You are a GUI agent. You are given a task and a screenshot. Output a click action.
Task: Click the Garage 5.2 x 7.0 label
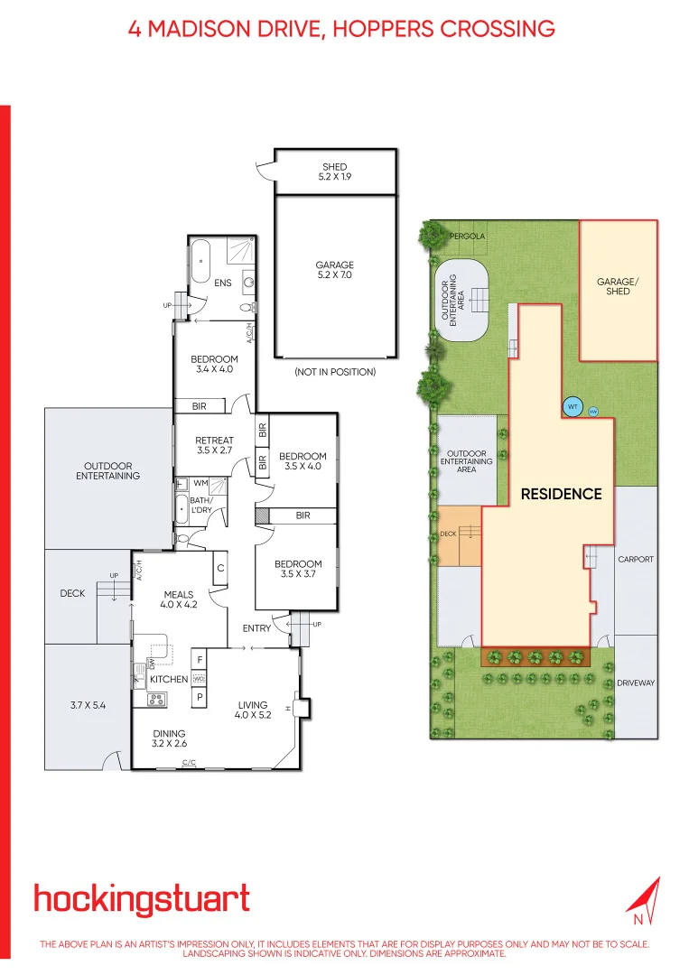334,271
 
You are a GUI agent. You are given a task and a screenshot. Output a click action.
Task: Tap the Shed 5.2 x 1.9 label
335,172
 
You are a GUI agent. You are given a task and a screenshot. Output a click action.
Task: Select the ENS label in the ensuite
223,283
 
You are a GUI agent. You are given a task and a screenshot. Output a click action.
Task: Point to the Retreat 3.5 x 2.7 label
215,445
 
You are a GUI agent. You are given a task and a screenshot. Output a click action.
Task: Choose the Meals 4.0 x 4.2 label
181,599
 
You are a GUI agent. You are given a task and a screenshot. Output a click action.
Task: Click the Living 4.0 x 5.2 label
254,710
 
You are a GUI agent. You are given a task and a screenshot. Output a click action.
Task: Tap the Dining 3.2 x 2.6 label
169,738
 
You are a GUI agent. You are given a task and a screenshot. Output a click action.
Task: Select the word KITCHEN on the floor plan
169,679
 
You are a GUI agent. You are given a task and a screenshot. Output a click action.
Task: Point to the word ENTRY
256,628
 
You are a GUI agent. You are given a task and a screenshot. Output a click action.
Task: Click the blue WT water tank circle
572,407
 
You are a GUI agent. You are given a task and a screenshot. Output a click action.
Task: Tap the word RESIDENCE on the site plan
561,494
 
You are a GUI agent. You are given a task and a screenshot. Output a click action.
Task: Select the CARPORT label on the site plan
636,560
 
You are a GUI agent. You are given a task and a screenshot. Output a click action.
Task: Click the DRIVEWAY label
636,683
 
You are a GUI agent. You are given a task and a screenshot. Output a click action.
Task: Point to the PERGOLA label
467,236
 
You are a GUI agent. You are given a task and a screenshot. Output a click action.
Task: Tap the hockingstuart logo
142,900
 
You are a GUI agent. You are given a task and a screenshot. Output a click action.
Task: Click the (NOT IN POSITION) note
334,372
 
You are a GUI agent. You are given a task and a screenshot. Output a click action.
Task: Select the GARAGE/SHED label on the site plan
618,286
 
